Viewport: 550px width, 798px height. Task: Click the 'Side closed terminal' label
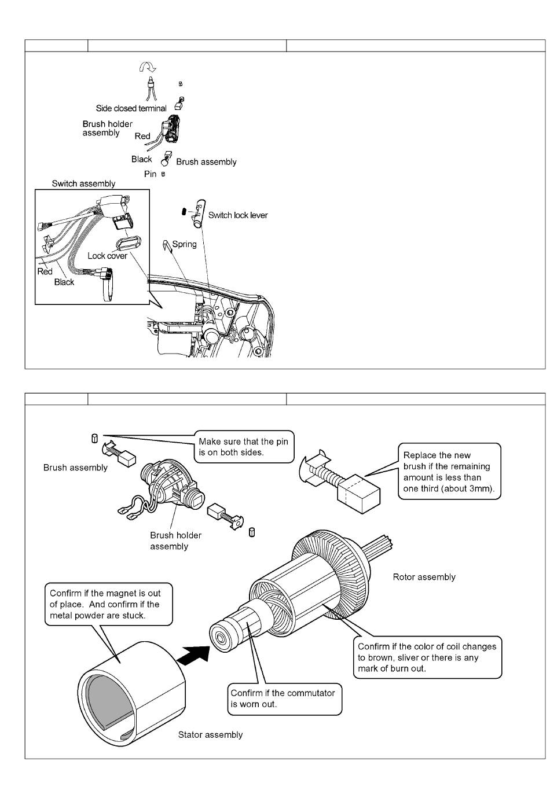[x=131, y=108]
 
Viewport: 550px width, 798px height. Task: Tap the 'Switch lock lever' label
[x=238, y=215]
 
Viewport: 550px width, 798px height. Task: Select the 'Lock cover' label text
[x=107, y=256]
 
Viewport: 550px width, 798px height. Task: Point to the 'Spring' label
[x=184, y=244]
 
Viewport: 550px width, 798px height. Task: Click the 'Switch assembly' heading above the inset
[x=83, y=183]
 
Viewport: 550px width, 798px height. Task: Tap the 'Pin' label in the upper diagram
[x=150, y=174]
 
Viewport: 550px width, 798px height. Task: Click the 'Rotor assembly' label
[x=424, y=577]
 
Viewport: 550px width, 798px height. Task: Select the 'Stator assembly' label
[x=210, y=735]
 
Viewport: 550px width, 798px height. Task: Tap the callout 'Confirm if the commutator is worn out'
[x=283, y=698]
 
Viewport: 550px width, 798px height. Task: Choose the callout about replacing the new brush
[x=449, y=472]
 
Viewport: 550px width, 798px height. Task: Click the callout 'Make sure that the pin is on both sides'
[x=243, y=447]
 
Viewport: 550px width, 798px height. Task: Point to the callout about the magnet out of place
[x=108, y=604]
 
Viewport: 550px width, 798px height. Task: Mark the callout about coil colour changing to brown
[x=427, y=657]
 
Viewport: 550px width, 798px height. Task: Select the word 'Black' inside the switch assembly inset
[x=64, y=282]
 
